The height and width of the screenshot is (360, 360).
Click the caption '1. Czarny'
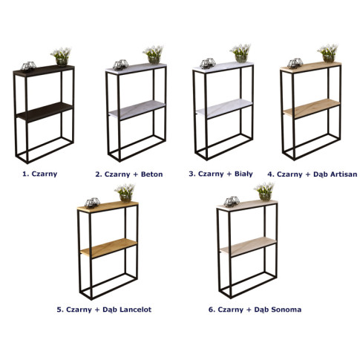pos(40,174)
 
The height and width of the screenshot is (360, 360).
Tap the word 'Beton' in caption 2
pos(151,174)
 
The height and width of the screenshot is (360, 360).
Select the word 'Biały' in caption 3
pos(243,174)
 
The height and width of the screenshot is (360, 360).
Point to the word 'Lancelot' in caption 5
pos(135,310)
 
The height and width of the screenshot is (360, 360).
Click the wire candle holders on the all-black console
pos(28,66)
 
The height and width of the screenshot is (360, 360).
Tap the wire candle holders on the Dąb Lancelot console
pos(92,203)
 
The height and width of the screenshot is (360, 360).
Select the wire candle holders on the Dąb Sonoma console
pos(232,201)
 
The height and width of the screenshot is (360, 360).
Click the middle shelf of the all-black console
pos(45,112)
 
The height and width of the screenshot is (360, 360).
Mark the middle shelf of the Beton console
pos(137,110)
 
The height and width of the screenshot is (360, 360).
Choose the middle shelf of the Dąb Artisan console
pos(312,108)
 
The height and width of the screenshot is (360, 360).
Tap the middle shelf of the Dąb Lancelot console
pos(108,248)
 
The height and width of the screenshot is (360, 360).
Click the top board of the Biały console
pos(223,68)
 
